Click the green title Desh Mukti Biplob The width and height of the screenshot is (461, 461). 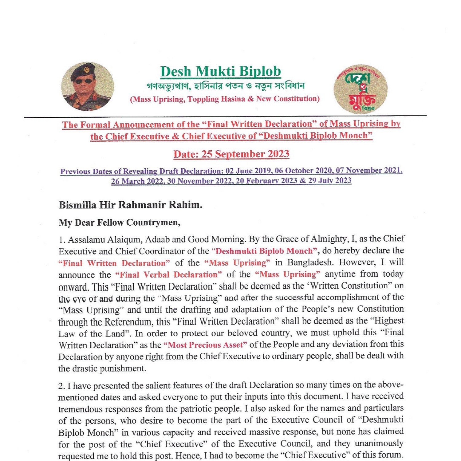(x=220, y=71)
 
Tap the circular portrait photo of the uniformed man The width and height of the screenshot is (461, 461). (x=88, y=86)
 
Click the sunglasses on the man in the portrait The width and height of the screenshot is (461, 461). (x=83, y=81)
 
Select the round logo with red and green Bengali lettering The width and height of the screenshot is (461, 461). (x=360, y=89)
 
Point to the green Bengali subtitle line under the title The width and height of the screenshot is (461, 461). (x=226, y=86)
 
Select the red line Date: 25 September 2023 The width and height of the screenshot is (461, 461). (x=231, y=154)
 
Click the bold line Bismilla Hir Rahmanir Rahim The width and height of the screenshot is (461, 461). (x=130, y=205)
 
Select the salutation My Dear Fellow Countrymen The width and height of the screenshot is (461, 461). (x=119, y=223)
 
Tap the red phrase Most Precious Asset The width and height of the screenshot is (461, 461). (x=205, y=345)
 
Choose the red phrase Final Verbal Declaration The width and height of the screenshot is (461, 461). (x=168, y=274)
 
